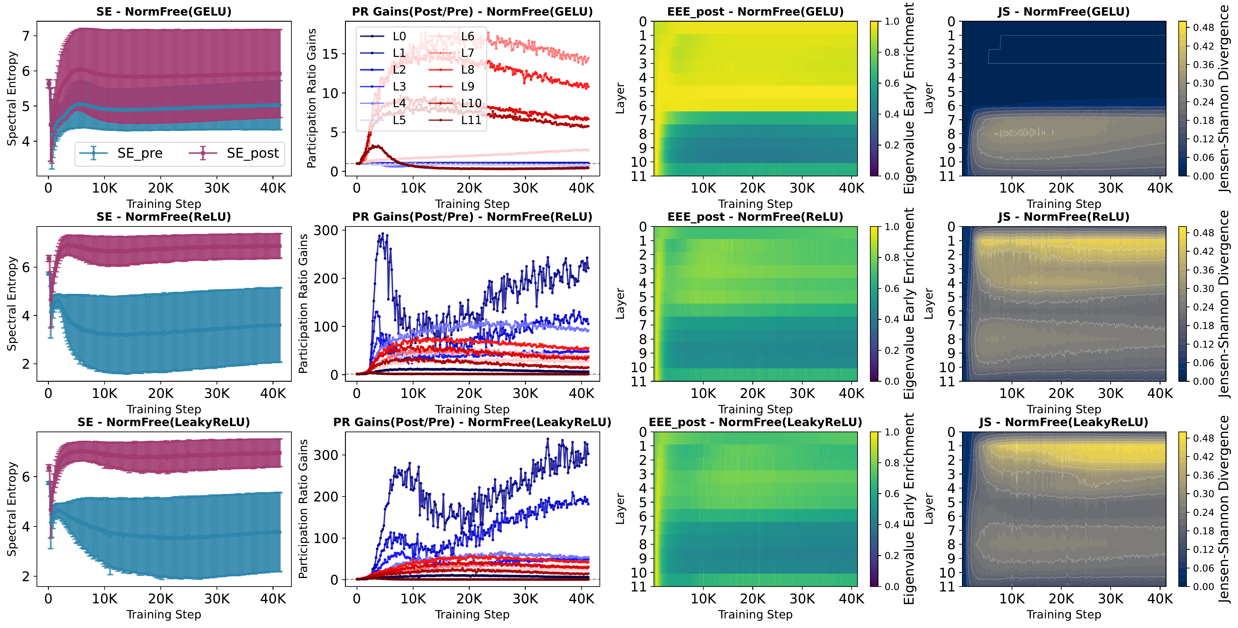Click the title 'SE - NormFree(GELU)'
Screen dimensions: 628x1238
(164, 11)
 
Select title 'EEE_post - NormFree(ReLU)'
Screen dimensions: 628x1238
(755, 217)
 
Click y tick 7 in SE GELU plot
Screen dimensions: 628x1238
(26, 36)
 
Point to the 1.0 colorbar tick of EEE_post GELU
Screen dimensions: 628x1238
(892, 22)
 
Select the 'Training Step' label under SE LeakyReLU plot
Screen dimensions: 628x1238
(164, 615)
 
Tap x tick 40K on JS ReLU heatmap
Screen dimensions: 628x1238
(1160, 394)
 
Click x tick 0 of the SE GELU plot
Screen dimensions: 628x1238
(48, 188)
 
